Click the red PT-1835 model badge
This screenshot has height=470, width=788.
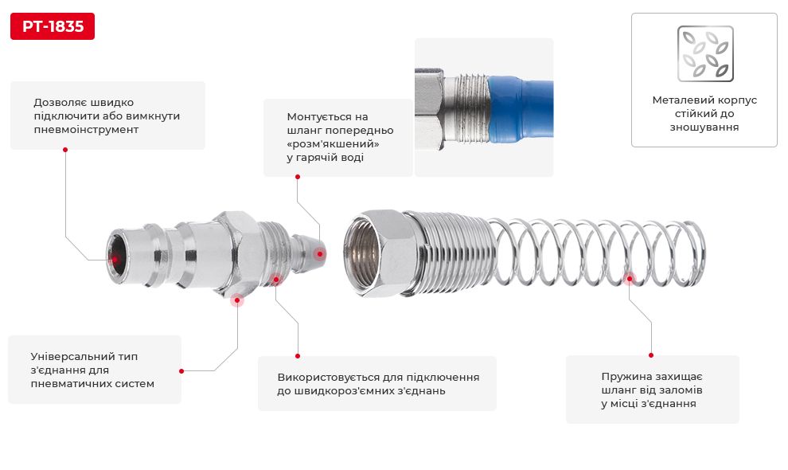[x=53, y=26]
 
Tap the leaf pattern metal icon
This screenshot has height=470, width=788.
[x=704, y=54]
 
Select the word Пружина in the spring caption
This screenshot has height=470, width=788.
[x=626, y=377]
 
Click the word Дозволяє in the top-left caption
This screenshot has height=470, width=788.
[x=60, y=102]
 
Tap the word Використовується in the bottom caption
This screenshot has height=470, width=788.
[x=330, y=377]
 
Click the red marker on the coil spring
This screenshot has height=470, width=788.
[x=629, y=278]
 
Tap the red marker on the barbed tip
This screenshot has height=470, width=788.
[x=320, y=254]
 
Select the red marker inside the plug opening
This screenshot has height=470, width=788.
[x=115, y=258]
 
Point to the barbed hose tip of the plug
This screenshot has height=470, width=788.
[x=307, y=248]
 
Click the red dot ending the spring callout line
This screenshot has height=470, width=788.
[x=651, y=355]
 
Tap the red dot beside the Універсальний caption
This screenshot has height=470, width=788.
[x=181, y=370]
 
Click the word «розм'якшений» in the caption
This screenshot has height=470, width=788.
[x=333, y=143]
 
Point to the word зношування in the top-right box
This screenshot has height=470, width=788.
[x=704, y=127]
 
